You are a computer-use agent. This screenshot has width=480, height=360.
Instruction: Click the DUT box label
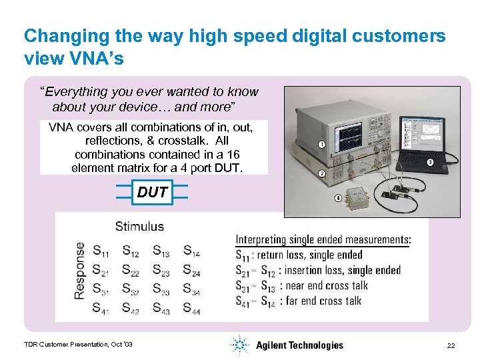[x=152, y=193]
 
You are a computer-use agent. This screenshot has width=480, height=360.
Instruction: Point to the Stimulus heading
[x=139, y=227]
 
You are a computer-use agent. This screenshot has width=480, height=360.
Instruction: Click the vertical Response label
[x=81, y=270]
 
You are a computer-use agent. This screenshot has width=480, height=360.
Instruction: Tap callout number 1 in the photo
[x=321, y=145]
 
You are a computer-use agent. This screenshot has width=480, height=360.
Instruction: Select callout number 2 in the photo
[x=321, y=174]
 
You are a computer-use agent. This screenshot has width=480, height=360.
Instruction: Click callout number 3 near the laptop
[x=430, y=162]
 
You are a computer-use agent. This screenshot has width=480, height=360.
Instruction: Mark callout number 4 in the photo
[x=338, y=198]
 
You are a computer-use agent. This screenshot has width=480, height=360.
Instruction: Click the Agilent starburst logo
[x=239, y=345]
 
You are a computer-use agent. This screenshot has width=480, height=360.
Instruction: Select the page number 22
[x=451, y=345]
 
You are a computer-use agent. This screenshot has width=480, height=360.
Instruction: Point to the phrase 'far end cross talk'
[x=320, y=301]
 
